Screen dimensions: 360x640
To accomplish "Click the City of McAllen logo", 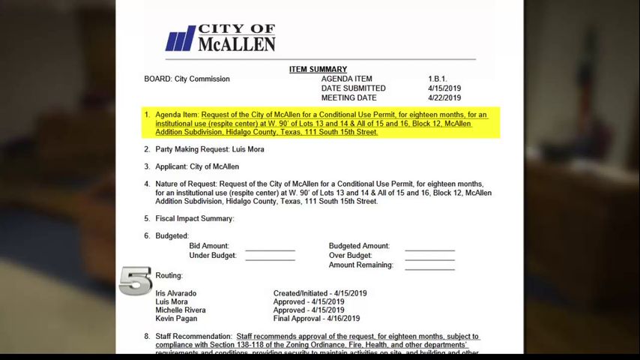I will click(x=220, y=38).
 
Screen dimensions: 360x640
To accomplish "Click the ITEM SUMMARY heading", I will click(x=318, y=70).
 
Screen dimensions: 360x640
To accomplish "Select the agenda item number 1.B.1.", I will click(x=438, y=79).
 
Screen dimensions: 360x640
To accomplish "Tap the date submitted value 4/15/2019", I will click(x=444, y=88).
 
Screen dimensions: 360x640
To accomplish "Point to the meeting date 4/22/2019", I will click(x=444, y=98).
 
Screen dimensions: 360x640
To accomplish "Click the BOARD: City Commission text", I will click(x=187, y=79).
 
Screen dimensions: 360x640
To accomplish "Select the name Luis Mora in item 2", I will click(x=248, y=149).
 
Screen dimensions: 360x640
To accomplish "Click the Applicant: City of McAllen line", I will click(x=197, y=166).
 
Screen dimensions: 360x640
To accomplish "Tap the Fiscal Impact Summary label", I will click(x=195, y=218).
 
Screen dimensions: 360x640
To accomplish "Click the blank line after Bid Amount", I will click(x=270, y=249).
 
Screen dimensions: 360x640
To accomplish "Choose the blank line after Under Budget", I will click(x=270, y=259).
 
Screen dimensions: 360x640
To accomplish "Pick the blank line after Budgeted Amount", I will click(x=429, y=249).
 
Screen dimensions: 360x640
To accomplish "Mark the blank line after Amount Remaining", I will click(x=429, y=268).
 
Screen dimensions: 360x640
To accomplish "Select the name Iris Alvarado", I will click(x=176, y=293).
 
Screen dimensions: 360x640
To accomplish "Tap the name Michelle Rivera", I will click(x=181, y=310).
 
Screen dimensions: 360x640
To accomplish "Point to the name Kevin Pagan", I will click(x=177, y=319).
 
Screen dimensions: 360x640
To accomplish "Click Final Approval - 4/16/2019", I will click(x=316, y=319).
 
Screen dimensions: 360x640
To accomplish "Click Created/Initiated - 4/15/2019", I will click(x=320, y=293).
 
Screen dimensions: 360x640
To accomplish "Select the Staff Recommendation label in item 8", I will click(x=193, y=336).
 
